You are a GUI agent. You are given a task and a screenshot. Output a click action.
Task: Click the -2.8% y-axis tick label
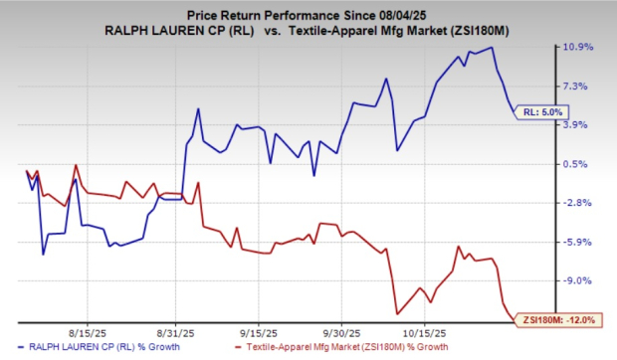click(x=577, y=203)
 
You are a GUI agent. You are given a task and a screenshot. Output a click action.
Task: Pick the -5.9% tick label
click(x=577, y=242)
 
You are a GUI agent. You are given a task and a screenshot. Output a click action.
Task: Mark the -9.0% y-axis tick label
click(x=577, y=280)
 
